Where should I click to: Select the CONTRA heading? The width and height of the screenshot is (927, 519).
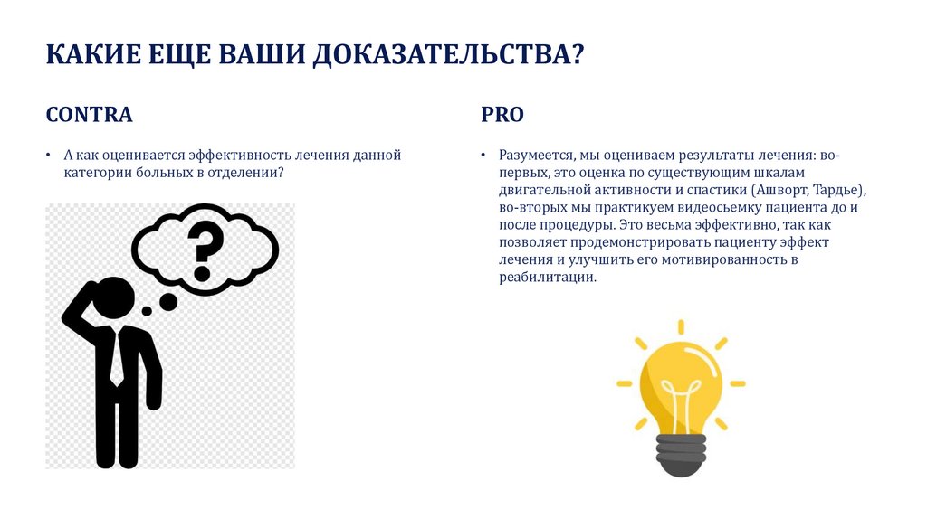(x=90, y=115)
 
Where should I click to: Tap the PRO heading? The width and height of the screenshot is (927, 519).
(x=502, y=115)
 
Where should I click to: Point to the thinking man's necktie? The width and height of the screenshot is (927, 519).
(x=118, y=358)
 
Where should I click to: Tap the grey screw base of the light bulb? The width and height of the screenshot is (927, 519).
(x=681, y=455)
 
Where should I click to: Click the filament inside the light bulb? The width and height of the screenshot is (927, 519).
(x=681, y=401)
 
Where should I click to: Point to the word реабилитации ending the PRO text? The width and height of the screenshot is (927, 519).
(x=548, y=277)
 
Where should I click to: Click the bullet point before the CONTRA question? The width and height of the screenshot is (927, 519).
(x=49, y=155)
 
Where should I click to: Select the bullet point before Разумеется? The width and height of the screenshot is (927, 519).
(x=483, y=155)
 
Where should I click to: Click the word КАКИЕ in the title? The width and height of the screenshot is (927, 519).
(x=93, y=54)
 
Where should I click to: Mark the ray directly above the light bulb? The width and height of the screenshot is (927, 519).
(x=681, y=327)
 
